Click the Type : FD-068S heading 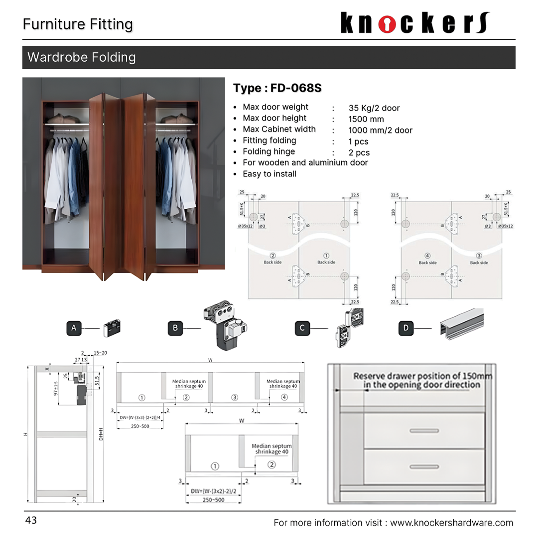click(x=277, y=88)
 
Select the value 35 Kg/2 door click(x=374, y=108)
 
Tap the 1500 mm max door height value click(x=366, y=119)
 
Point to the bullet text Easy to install click(x=269, y=174)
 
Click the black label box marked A click(x=74, y=328)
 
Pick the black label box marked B click(x=175, y=328)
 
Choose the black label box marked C click(x=302, y=328)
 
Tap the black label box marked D click(x=406, y=328)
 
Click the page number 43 click(x=31, y=521)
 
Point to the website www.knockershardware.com click(x=451, y=523)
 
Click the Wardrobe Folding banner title click(x=82, y=57)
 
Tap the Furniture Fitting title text click(x=78, y=24)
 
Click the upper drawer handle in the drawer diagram click(x=424, y=431)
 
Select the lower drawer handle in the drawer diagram click(x=424, y=467)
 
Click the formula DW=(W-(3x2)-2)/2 click(x=213, y=491)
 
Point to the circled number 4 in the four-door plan click(x=284, y=398)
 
